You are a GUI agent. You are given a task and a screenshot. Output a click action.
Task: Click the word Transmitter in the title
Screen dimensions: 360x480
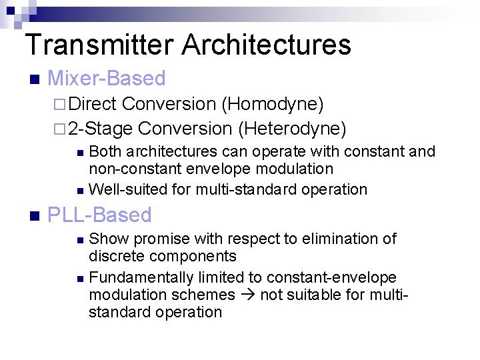[x=99, y=45]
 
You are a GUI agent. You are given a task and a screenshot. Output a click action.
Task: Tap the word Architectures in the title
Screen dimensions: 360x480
[x=266, y=45]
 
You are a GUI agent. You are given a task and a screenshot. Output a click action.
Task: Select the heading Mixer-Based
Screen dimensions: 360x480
[x=107, y=79]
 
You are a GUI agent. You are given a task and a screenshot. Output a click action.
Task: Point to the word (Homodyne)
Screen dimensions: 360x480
[x=272, y=104]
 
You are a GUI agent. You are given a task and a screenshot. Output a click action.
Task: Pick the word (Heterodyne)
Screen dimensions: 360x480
[x=292, y=128]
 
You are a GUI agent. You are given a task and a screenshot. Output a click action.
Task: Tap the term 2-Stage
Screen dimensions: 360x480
[x=100, y=128]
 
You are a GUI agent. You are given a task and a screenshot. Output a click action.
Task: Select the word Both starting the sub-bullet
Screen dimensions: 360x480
[x=105, y=152]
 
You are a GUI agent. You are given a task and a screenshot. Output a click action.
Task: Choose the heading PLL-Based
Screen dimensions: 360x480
[x=100, y=215]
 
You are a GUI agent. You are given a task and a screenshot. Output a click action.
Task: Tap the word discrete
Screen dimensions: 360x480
[x=115, y=256]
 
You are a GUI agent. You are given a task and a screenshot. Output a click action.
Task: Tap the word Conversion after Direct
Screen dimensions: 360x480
[x=169, y=104]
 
